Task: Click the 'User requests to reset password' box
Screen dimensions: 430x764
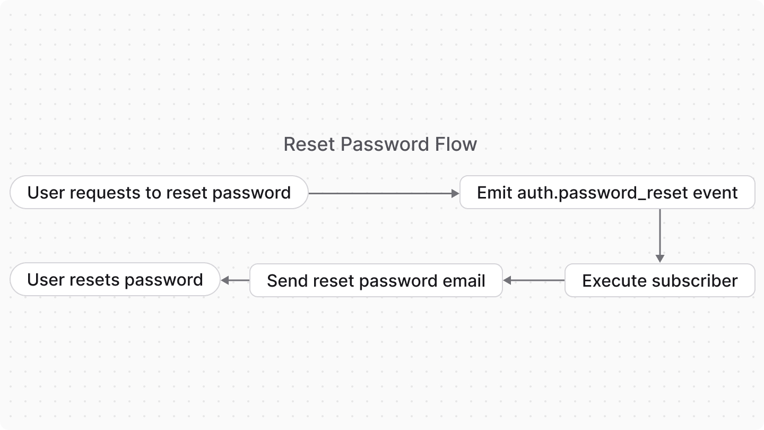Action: click(159, 193)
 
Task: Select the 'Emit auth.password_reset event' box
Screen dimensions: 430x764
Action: click(607, 193)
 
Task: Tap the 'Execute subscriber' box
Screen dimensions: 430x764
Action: click(659, 280)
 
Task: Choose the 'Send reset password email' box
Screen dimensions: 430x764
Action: click(376, 280)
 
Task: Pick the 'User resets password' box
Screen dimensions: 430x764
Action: click(115, 280)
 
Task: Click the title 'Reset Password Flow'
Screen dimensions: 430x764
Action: click(380, 144)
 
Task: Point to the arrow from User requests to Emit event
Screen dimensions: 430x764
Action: click(383, 194)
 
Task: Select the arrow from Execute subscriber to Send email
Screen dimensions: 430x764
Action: click(533, 280)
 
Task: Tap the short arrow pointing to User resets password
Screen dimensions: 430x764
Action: click(235, 280)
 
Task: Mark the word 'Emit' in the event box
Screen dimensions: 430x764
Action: click(494, 193)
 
